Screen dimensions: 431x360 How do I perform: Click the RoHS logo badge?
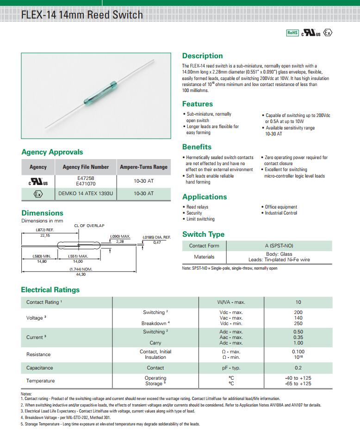pyautogui.click(x=292, y=32)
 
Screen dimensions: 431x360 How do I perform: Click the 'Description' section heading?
pyautogui.click(x=202, y=56)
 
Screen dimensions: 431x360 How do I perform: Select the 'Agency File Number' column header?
pyautogui.click(x=86, y=167)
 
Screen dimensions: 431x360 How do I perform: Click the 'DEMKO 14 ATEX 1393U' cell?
pyautogui.click(x=86, y=193)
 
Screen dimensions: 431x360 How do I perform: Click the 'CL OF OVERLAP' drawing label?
pyautogui.click(x=89, y=226)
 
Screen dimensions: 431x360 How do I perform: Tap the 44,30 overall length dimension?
pyautogui.click(x=81, y=274)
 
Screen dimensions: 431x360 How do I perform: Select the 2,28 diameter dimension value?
pyautogui.click(x=120, y=241)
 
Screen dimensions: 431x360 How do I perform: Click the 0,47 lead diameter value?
pyautogui.click(x=157, y=242)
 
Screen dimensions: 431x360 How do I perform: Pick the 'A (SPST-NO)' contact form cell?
pyautogui.click(x=279, y=246)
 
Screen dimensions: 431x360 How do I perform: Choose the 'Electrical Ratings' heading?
pyautogui.click(x=50, y=290)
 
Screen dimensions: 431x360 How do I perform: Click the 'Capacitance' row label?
pyautogui.click(x=40, y=368)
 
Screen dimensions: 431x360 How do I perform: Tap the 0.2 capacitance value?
pyautogui.click(x=298, y=368)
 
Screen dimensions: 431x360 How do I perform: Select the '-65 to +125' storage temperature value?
pyautogui.click(x=298, y=384)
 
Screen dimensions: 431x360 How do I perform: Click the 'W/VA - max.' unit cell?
pyautogui.click(x=231, y=302)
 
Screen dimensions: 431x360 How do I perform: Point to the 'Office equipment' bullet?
pyautogui.click(x=281, y=207)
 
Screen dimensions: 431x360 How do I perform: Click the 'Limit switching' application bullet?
pyautogui.click(x=200, y=219)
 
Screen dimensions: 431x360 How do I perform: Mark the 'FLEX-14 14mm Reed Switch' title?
pyautogui.click(x=82, y=15)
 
